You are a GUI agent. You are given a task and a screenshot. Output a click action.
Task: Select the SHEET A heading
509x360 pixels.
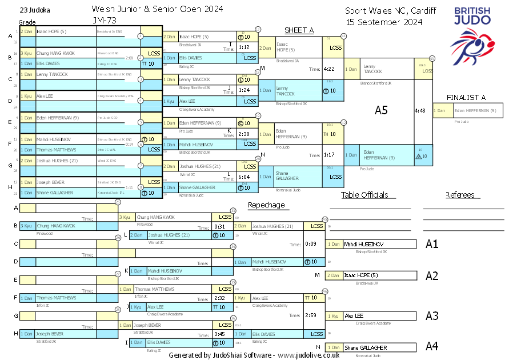coord(299,30)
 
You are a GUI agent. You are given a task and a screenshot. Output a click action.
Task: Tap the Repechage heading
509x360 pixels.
coord(266,205)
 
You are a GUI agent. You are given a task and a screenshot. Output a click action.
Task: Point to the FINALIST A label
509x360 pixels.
coord(466,98)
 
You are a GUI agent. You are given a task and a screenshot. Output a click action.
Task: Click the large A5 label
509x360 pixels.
coord(381,110)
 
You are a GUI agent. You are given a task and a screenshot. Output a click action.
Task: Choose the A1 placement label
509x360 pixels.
coord(432,244)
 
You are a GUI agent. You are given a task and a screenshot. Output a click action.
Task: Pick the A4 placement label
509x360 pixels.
coord(432,346)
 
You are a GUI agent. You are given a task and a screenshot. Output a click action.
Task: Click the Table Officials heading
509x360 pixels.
coord(364,195)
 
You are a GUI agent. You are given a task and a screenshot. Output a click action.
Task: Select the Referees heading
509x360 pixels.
coord(460,195)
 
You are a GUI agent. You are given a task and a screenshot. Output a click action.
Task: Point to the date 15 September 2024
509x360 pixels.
coord(384,22)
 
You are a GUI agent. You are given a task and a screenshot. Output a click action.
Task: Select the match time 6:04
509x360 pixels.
coord(245,177)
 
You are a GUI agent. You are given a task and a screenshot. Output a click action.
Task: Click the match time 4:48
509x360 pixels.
coord(420,110)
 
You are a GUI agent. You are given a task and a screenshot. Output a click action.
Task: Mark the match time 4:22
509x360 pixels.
coord(329,69)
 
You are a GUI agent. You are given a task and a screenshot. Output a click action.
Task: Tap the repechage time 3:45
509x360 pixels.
coord(219,334)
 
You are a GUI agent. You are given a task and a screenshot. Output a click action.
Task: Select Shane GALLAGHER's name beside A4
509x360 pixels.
coord(365,347)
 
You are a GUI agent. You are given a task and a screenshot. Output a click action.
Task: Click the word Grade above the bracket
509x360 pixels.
coord(27,22)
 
